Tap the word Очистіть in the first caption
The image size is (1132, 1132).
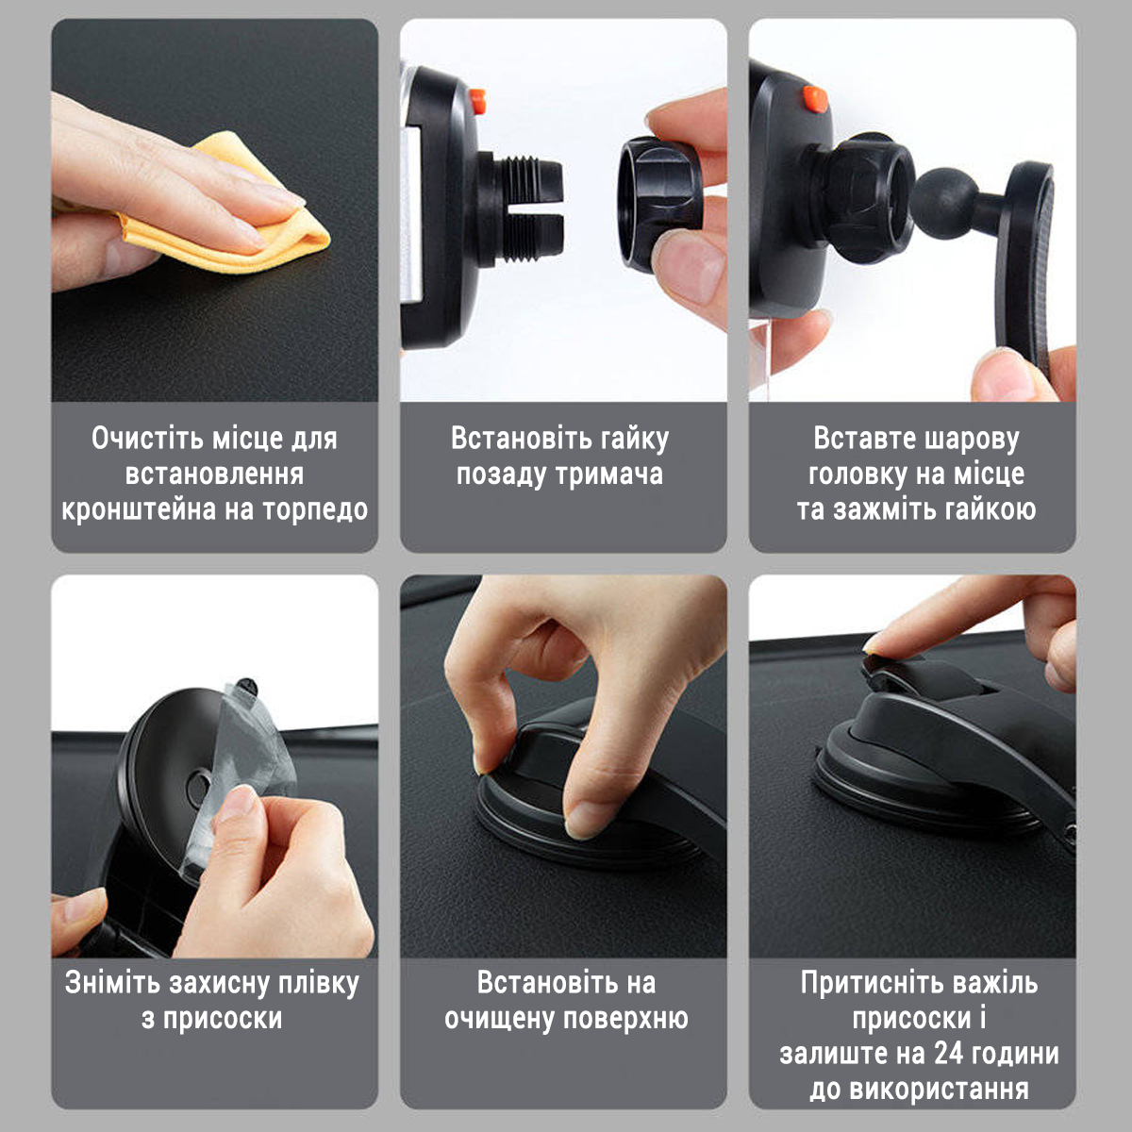147,439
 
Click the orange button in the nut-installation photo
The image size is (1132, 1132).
477,97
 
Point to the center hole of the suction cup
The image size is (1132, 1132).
199,784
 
